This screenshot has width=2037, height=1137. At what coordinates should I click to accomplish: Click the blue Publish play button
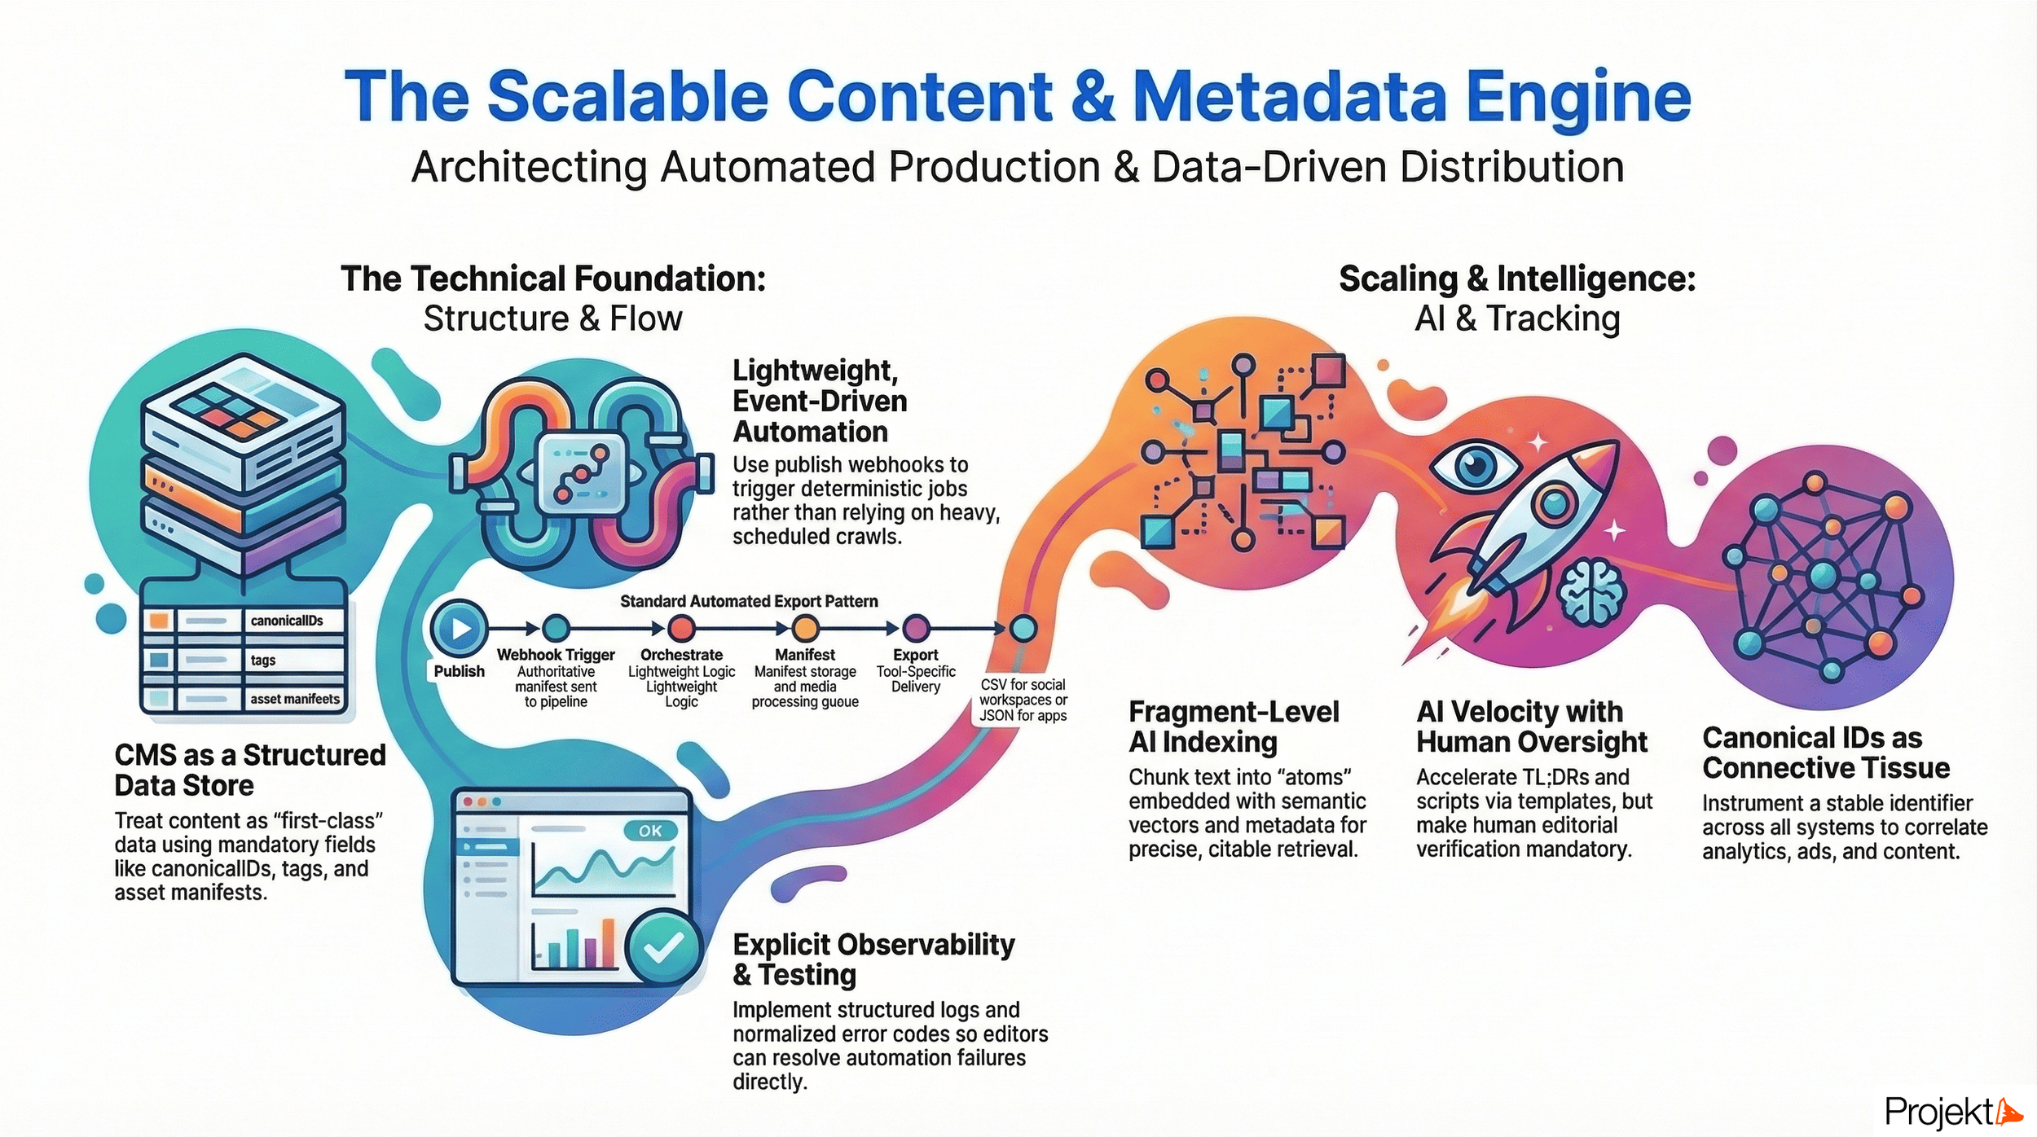point(460,628)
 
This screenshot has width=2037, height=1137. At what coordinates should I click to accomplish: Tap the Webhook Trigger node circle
point(557,628)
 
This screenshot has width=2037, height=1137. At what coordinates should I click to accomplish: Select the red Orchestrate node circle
point(681,628)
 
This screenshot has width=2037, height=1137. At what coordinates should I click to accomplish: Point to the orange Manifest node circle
point(805,628)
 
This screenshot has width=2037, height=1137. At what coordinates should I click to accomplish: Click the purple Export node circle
point(916,628)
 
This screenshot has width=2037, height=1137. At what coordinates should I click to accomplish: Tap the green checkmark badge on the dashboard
point(663,947)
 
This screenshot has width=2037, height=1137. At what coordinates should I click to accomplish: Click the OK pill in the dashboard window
point(649,831)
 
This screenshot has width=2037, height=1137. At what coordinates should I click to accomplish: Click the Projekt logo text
point(1939,1112)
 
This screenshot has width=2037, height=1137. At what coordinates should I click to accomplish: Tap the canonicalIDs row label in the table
point(287,621)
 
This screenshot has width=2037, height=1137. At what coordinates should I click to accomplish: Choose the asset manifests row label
point(294,699)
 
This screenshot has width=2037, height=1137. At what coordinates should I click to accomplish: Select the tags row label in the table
point(263,660)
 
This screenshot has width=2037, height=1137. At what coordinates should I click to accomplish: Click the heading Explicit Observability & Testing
point(873,959)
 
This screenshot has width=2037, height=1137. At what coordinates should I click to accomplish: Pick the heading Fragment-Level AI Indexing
point(1233,727)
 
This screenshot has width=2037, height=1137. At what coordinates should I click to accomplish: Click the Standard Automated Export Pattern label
point(749,601)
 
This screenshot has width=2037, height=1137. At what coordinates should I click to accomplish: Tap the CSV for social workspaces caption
point(1023,700)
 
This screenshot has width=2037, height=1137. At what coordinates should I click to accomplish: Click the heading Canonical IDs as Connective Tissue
point(1825,753)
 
